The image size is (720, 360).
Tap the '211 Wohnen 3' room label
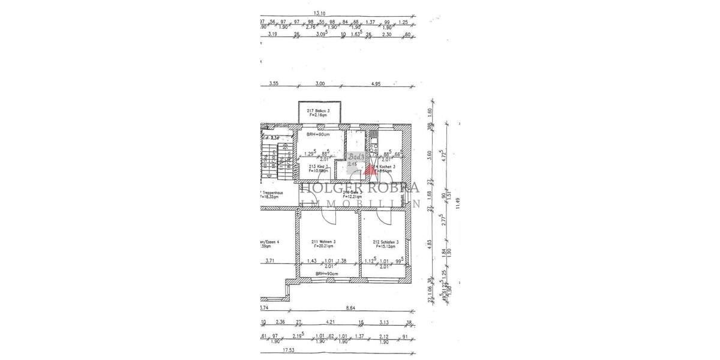[x=323, y=242]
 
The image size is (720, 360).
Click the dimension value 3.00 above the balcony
[x=320, y=84]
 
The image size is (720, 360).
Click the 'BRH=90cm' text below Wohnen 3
[x=328, y=274]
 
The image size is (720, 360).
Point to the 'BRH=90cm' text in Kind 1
[x=318, y=134]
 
